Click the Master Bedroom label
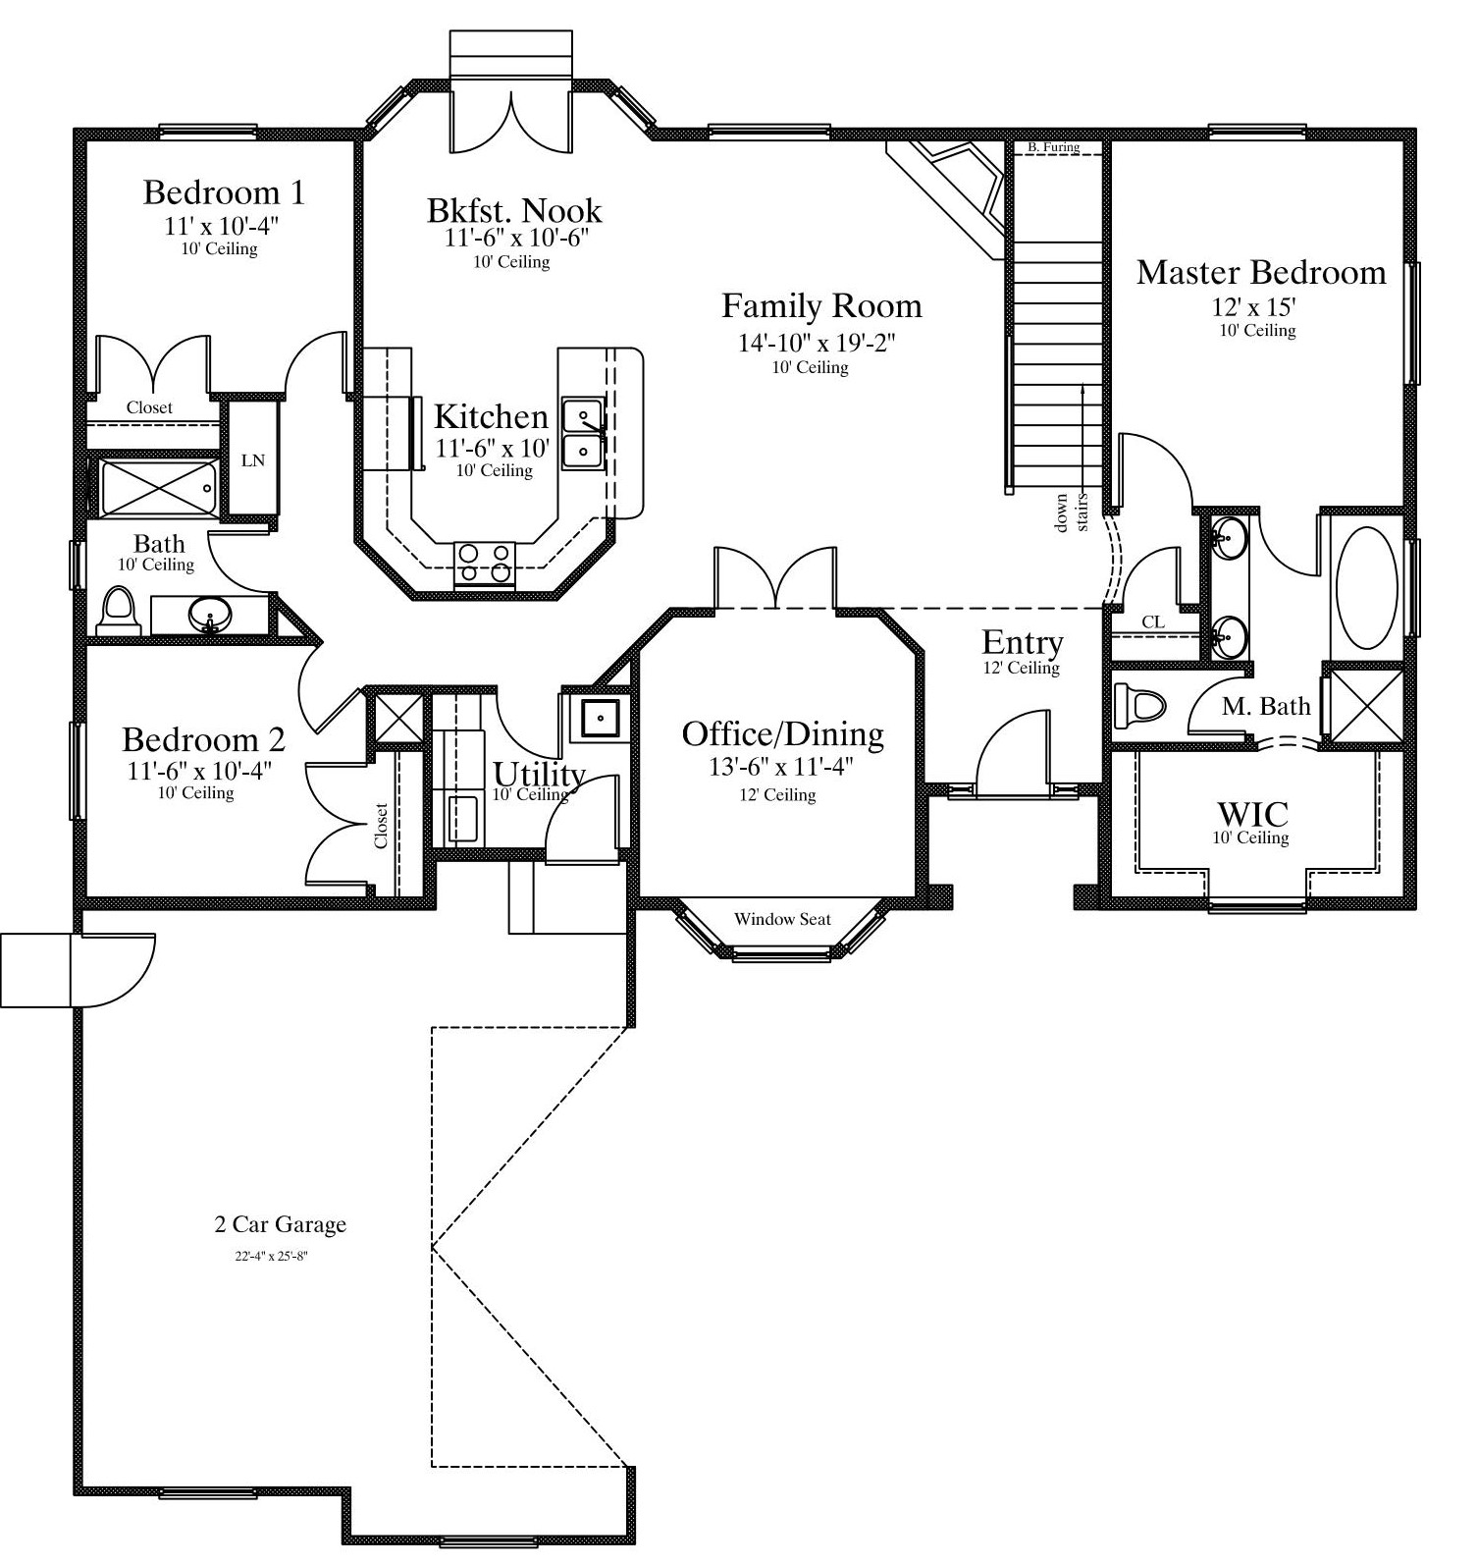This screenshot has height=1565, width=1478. coord(1261,272)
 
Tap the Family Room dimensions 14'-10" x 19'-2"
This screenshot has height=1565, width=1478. coord(818,343)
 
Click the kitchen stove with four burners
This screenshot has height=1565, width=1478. coord(484,566)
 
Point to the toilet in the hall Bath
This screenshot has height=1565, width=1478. coord(118,612)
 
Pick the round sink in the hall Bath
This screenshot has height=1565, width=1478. coord(210,617)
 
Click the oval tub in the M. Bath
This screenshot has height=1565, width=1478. coord(1366,588)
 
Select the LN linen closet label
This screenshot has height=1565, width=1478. coord(253,459)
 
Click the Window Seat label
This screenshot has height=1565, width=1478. coord(782,919)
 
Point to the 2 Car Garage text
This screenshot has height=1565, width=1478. coord(281,1224)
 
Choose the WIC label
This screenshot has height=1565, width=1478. coord(1252,814)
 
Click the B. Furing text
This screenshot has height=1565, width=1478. coord(1053,147)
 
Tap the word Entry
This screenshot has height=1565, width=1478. coord(1023,643)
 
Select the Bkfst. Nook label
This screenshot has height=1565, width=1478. coord(514,210)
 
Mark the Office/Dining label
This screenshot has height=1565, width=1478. coord(782,733)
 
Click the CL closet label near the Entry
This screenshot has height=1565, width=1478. coord(1153,622)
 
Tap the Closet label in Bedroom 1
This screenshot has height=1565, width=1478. coord(149,407)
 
